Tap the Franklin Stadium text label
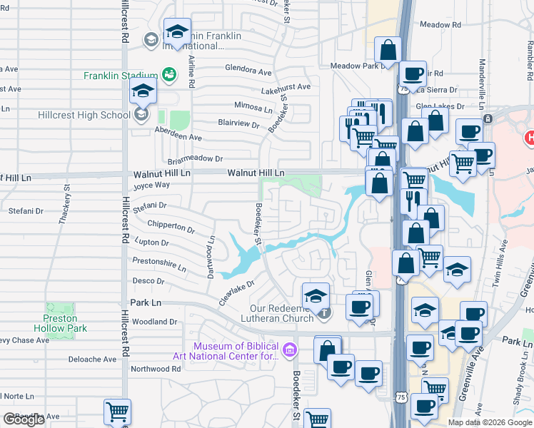pyautogui.click(x=120, y=76)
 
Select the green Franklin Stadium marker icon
pyautogui.click(x=168, y=74)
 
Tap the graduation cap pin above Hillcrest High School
pyautogui.click(x=143, y=92)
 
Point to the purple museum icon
pyautogui.click(x=290, y=349)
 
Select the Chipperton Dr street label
pyautogui.click(x=171, y=228)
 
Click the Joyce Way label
pyautogui.click(x=151, y=185)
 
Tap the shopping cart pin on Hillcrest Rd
pyautogui.click(x=117, y=412)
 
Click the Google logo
pyautogui.click(x=24, y=419)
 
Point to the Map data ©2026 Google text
pyautogui.click(x=490, y=422)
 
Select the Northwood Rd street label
pyautogui.click(x=156, y=369)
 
